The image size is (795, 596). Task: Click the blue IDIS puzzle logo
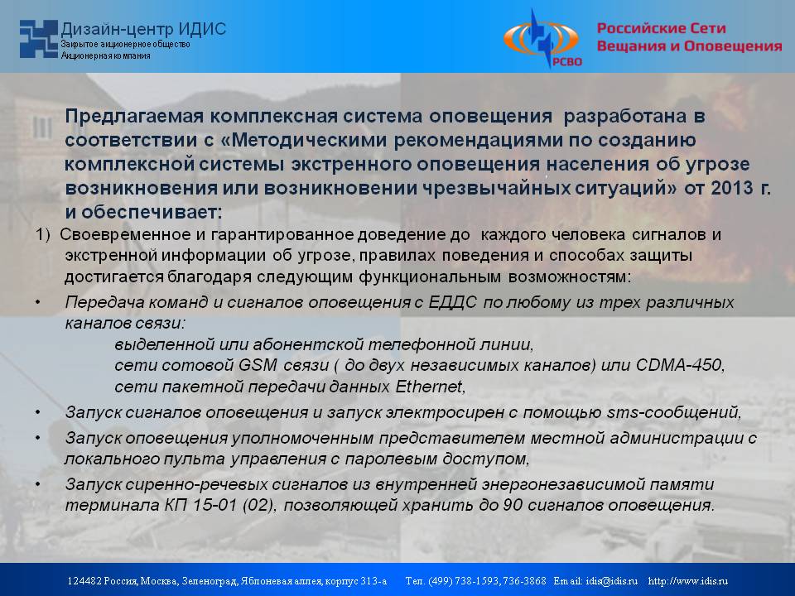pyautogui.click(x=39, y=39)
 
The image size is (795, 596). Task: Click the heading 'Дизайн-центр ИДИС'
pyautogui.click(x=143, y=29)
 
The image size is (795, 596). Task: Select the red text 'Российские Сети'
pyautogui.click(x=661, y=28)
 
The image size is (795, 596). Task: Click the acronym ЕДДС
pyautogui.click(x=452, y=302)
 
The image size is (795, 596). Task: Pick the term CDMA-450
pyautogui.click(x=679, y=365)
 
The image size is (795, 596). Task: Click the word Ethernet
pyautogui.click(x=428, y=387)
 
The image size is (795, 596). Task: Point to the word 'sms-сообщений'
pyautogui.click(x=672, y=412)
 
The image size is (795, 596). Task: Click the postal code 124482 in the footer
pyautogui.click(x=84, y=581)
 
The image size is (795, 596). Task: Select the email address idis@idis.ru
pyautogui.click(x=611, y=581)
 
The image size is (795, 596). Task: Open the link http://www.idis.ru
pyautogui.click(x=688, y=581)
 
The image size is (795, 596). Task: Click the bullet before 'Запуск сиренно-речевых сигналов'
pyautogui.click(x=38, y=484)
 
